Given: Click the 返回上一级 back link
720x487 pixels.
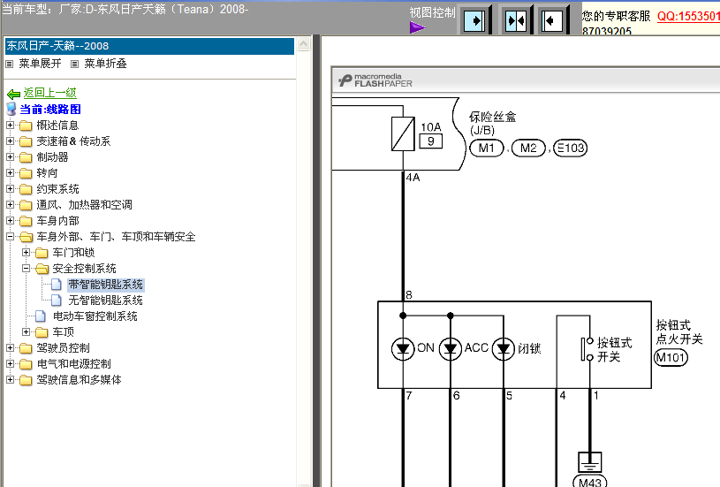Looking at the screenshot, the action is pyautogui.click(x=49, y=93).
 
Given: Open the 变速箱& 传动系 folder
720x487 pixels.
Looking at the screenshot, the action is pyautogui.click(x=73, y=141).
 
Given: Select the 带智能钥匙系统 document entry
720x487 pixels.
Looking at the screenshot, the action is pyautogui.click(x=106, y=285).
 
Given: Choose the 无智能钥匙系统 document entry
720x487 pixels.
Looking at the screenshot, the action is pyautogui.click(x=106, y=301).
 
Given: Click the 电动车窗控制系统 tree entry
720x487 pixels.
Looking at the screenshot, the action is pyautogui.click(x=95, y=316).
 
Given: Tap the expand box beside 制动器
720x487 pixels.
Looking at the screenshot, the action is pyautogui.click(x=10, y=156).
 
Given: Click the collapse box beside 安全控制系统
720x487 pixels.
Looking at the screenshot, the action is pyautogui.click(x=27, y=268).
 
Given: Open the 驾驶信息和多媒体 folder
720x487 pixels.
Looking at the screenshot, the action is pyautogui.click(x=79, y=379).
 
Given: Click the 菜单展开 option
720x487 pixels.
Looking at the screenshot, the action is pyautogui.click(x=40, y=64).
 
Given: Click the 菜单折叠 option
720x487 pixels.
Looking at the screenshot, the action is pyautogui.click(x=105, y=64).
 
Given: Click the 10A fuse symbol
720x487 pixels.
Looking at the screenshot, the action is pyautogui.click(x=403, y=133).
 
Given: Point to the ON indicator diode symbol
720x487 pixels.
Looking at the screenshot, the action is pyautogui.click(x=403, y=349).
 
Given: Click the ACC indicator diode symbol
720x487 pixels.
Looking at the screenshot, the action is pyautogui.click(x=450, y=349).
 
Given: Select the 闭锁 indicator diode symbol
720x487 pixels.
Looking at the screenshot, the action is pyautogui.click(x=504, y=349).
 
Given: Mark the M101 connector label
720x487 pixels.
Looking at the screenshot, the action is pyautogui.click(x=671, y=357).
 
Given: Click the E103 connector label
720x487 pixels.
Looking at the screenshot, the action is pyautogui.click(x=571, y=148).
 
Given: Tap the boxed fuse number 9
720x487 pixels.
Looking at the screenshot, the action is pyautogui.click(x=431, y=141).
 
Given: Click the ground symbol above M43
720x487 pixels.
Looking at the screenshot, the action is pyautogui.click(x=589, y=462).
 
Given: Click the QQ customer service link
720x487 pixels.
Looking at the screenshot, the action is pyautogui.click(x=688, y=16).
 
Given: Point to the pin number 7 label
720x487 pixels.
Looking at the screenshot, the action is pyautogui.click(x=409, y=396).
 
